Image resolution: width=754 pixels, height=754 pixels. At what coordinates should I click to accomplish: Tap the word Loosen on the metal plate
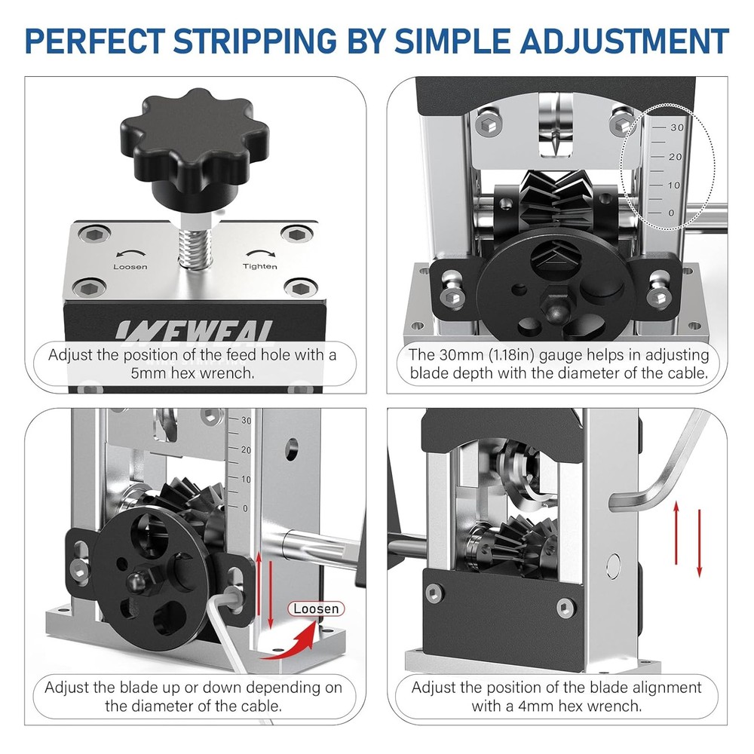(130, 266)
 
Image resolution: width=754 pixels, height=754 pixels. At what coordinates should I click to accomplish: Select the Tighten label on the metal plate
(259, 266)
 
